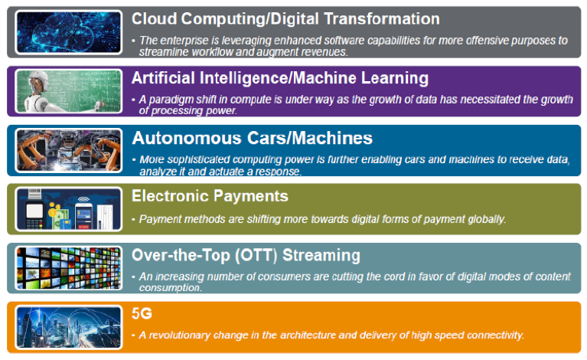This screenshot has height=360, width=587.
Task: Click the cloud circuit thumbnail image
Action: point(69,32)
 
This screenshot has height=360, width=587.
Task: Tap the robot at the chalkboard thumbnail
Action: point(69,91)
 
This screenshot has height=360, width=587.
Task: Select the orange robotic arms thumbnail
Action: point(69,150)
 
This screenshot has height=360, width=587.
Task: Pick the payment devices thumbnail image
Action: point(69,209)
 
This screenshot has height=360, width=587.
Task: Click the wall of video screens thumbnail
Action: point(69,268)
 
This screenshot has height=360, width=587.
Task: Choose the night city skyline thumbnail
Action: point(69,327)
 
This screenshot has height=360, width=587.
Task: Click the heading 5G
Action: point(142,313)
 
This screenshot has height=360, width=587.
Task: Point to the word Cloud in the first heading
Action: point(154,18)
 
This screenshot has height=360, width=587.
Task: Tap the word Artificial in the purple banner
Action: point(163,78)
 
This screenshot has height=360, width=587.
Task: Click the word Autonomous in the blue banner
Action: point(187,138)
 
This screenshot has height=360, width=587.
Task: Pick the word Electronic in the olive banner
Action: point(170,196)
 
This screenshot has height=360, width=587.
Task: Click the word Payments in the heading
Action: point(251,197)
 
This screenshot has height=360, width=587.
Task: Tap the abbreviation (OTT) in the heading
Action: point(256,256)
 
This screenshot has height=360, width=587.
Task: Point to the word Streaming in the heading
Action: point(321,256)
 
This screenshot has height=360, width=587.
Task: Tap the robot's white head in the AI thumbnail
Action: point(40,80)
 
